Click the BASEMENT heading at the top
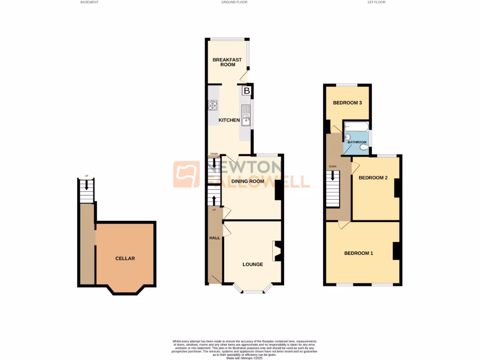[x=89, y=2]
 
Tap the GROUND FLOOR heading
[x=234, y=2]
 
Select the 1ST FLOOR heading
[x=377, y=2]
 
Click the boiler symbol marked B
[x=247, y=91]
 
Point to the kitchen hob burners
[x=213, y=106]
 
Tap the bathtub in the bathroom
[x=356, y=127]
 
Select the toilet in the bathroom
[x=364, y=147]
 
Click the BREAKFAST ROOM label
[x=227, y=62]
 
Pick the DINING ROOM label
[x=247, y=181]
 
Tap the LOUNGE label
[x=253, y=264]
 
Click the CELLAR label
[x=125, y=258]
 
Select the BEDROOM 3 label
[x=347, y=103]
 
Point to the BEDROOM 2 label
[x=373, y=178]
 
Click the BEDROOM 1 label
[x=359, y=254]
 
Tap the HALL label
[x=214, y=238]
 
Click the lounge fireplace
[x=277, y=251]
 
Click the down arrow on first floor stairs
[x=333, y=175]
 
